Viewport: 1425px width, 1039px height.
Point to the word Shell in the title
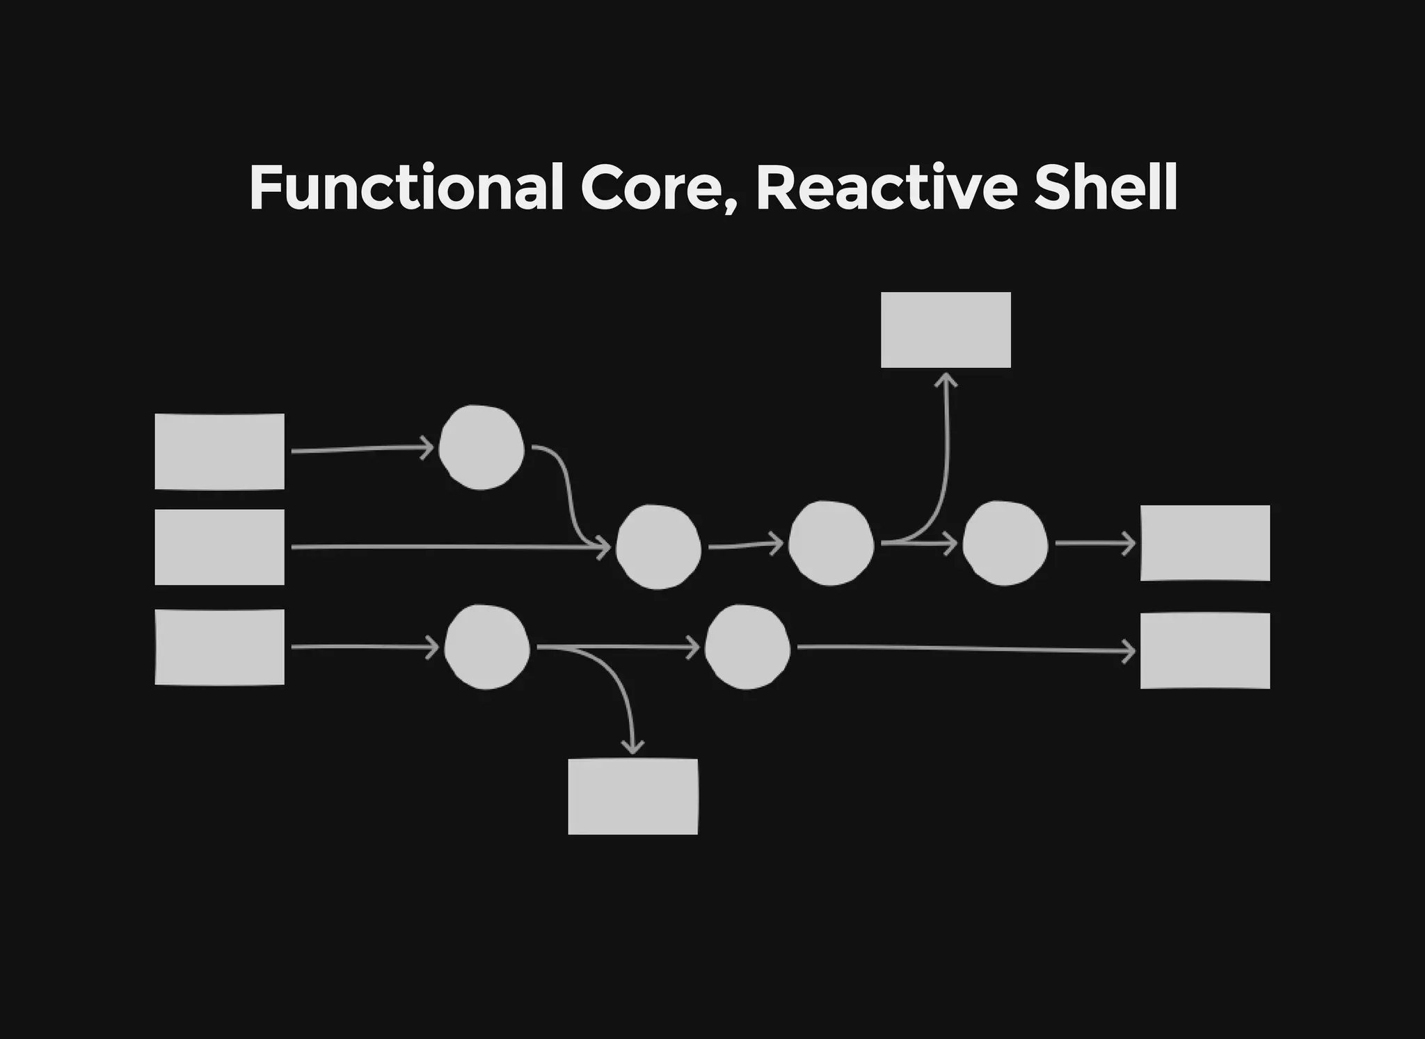coord(1106,188)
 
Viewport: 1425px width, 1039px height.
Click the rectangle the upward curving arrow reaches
coord(946,330)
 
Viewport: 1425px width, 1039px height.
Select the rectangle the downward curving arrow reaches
coord(632,796)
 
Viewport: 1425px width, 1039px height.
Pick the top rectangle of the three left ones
coord(219,451)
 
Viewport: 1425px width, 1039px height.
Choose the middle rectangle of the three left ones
coord(219,547)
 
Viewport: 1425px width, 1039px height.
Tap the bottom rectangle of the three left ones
coord(219,647)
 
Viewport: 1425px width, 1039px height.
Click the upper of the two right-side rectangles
coord(1204,543)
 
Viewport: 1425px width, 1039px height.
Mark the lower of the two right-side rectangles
coord(1204,651)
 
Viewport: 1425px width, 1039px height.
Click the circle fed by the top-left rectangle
coord(481,448)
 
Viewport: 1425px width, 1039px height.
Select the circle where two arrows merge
coord(658,547)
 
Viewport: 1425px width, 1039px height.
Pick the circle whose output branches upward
coord(831,543)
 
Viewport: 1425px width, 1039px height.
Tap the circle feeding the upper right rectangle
coord(1005,543)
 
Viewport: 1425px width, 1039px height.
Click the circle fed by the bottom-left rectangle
coord(487,647)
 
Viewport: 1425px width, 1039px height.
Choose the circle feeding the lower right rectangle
coord(747,647)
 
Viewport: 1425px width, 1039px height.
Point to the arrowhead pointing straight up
coord(946,380)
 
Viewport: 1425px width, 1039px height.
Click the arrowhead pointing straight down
coord(632,748)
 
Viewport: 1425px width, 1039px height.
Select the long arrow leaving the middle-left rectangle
coord(445,547)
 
